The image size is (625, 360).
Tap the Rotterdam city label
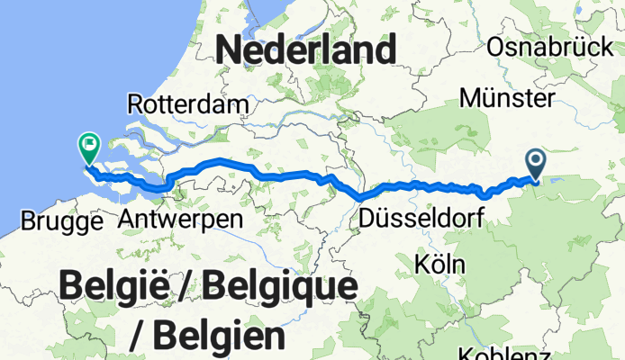click(x=188, y=103)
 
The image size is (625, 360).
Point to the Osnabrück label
click(x=548, y=47)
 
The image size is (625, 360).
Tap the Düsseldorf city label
click(x=421, y=218)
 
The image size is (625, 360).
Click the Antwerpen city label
click(x=180, y=220)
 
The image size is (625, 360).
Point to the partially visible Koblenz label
click(x=502, y=354)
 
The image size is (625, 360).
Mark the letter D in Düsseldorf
click(x=366, y=218)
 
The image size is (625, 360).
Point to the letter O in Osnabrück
click(x=495, y=47)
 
